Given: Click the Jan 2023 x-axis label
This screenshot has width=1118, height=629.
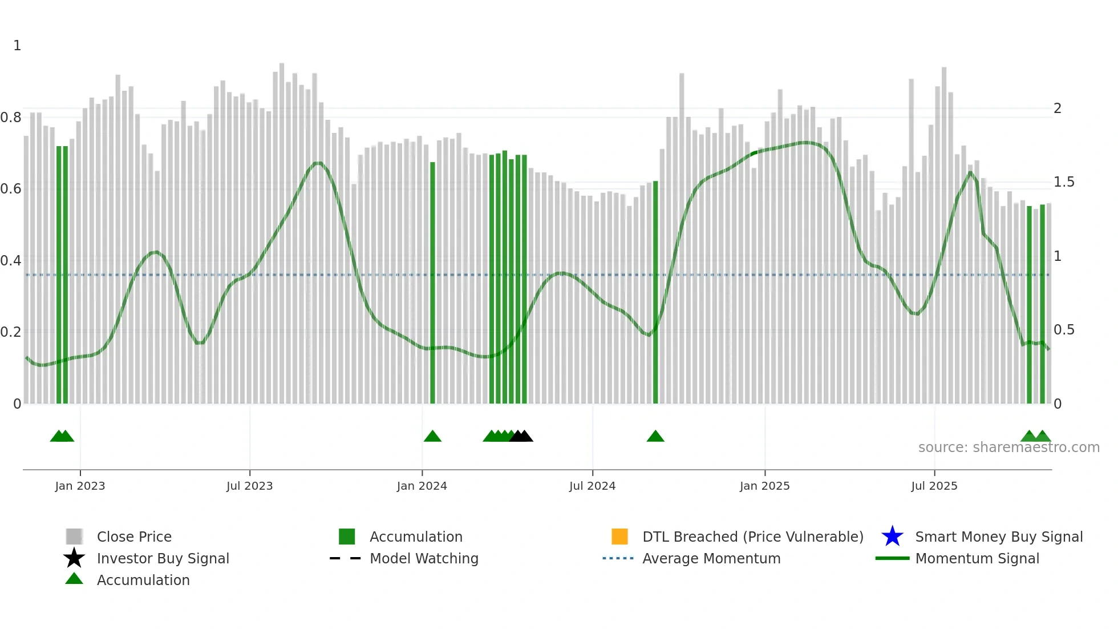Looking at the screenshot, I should [x=80, y=486].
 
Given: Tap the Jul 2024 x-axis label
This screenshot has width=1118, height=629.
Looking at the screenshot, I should [x=592, y=486].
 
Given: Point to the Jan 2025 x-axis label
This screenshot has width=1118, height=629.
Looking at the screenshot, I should [x=764, y=486].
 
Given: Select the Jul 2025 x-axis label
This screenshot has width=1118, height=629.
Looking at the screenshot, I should [x=934, y=486].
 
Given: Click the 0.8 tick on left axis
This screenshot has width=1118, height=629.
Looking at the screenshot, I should [x=11, y=118].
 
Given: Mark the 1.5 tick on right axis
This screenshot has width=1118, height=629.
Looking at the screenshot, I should [x=1064, y=182].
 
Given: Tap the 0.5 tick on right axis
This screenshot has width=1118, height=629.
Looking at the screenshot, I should [x=1064, y=330].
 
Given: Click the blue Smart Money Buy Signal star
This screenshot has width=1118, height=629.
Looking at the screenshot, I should [x=892, y=537].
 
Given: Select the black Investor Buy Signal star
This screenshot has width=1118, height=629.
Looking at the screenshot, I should [x=74, y=558].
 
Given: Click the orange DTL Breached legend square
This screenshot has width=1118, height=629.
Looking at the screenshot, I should [x=619, y=537].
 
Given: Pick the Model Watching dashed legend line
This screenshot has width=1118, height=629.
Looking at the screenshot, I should [x=346, y=558].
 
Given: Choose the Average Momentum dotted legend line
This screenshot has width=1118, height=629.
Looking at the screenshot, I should [x=618, y=558].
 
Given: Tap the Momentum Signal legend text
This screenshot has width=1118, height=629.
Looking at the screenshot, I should [x=977, y=558].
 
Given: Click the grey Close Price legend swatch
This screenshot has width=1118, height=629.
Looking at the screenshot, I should [x=74, y=537].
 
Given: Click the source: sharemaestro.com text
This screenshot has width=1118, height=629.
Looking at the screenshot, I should [x=1008, y=447].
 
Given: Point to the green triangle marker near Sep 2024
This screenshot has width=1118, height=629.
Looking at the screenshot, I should [x=655, y=437].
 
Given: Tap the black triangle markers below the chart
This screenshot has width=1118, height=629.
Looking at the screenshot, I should [x=521, y=437].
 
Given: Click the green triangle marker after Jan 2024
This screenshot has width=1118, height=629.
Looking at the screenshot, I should [x=432, y=437].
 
